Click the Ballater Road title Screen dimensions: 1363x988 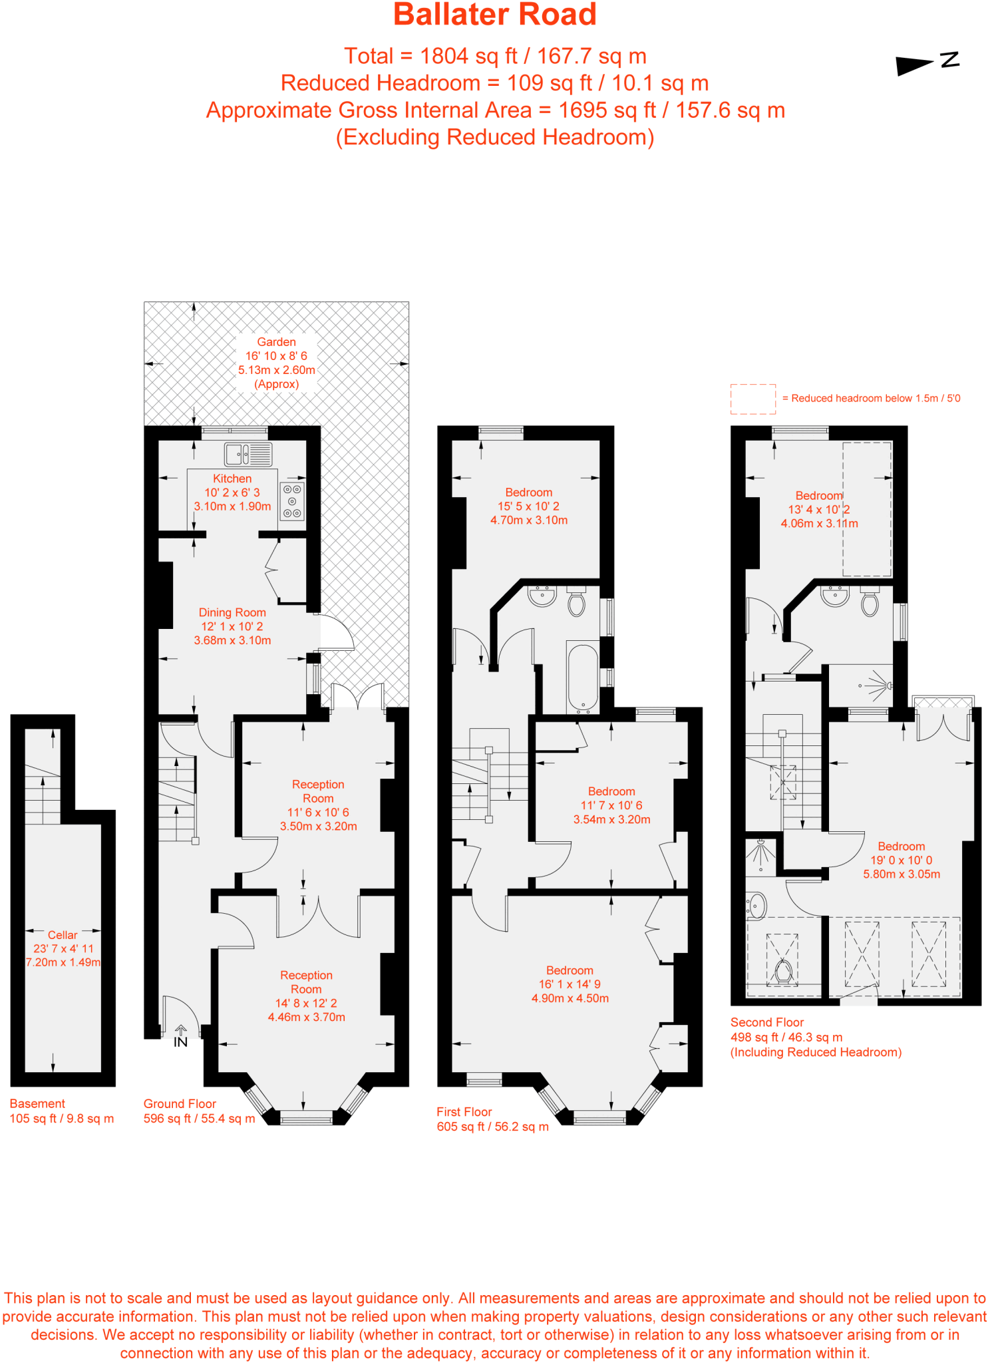pos(494,15)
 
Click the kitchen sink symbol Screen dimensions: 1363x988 pos(247,455)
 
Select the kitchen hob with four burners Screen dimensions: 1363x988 pos(292,501)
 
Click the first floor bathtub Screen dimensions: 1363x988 pos(583,678)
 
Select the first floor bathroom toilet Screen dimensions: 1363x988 pos(576,602)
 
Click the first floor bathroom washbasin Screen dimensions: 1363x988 pos(542,595)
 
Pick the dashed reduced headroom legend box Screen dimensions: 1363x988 pos(752,399)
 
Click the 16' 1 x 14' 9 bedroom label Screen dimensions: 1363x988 pos(570,984)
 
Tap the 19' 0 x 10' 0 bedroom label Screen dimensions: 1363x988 pos(901,860)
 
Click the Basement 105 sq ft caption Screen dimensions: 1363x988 pos(61,1111)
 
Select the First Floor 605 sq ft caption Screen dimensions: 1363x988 pos(492,1119)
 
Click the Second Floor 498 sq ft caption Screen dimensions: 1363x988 pos(815,1037)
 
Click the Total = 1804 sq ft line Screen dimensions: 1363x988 pos(494,56)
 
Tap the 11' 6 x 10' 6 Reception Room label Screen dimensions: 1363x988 pos(318,805)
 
